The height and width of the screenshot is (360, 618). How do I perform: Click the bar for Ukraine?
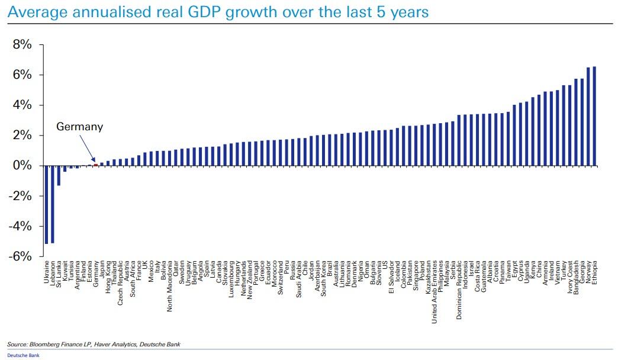pyautogui.click(x=47, y=204)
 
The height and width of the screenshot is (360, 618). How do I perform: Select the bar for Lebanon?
pyautogui.click(x=53, y=204)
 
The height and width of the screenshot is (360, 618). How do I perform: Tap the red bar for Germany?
pyautogui.click(x=96, y=165)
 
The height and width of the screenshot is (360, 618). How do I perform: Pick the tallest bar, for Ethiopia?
pyautogui.click(x=594, y=116)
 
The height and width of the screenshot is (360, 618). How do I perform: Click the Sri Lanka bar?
pyautogui.click(x=59, y=175)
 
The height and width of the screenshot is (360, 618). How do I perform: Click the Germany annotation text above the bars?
pyautogui.click(x=79, y=127)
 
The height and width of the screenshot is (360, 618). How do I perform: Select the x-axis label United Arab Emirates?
pyautogui.click(x=434, y=292)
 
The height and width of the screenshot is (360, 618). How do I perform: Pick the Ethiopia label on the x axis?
pyautogui.click(x=594, y=272)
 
